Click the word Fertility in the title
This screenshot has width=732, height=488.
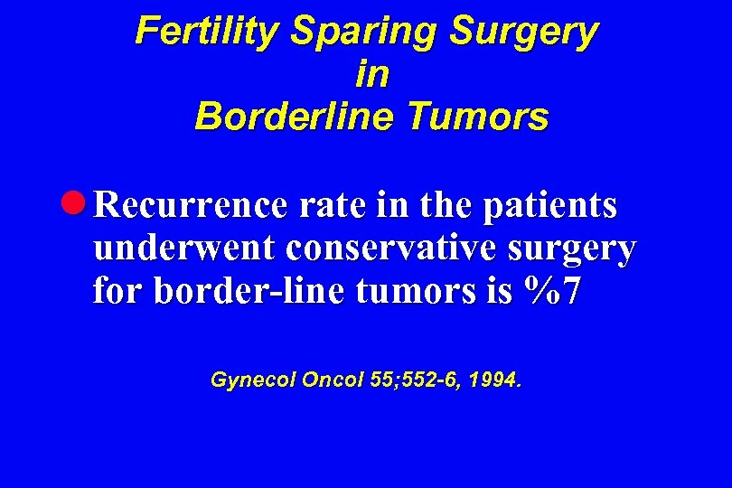coord(208,32)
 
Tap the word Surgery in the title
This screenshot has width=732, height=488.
coord(524,32)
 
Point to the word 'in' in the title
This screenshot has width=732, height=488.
coord(372,74)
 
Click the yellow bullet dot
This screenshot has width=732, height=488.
coord(79,205)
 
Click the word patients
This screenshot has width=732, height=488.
coord(550,207)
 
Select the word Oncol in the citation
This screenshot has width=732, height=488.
coord(334,380)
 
